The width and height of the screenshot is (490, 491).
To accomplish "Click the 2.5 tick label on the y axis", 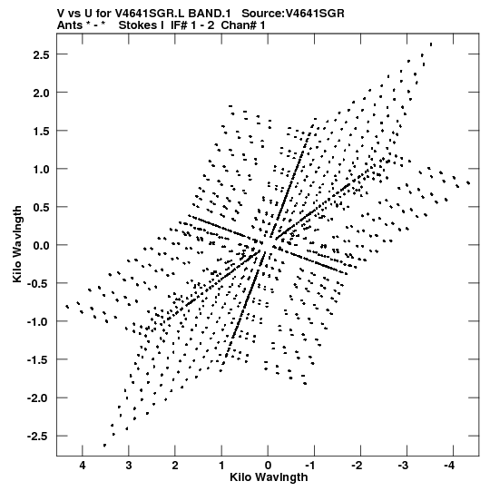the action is point(42,54).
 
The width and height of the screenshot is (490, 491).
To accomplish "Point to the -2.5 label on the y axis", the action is point(38,437).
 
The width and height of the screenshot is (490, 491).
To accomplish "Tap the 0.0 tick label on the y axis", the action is point(42,245).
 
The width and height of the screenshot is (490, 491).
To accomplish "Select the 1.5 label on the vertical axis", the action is point(42,132).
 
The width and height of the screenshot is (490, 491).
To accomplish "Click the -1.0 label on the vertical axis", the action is point(38,322).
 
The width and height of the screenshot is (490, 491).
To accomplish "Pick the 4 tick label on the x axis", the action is point(83,466).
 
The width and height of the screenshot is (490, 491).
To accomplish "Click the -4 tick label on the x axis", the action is point(449,466).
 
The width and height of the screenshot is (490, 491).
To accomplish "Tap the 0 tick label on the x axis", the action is point(268,466).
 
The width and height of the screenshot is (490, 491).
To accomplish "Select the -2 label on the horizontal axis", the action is point(357,466).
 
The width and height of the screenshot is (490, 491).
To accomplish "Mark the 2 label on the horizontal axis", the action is point(175,466).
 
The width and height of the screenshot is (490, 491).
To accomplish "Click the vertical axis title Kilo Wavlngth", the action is point(17,244).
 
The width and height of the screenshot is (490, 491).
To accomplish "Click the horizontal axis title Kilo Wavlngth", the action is point(269,477).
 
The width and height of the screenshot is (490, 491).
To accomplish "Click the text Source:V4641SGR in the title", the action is point(293,14).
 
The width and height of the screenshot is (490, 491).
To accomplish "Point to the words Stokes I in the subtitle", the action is point(141,25).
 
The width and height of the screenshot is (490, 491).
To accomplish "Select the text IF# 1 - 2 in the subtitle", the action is point(192,25).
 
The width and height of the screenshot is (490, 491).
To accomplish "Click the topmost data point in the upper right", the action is point(431,44).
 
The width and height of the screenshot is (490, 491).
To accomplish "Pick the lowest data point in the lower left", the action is point(104,446).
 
